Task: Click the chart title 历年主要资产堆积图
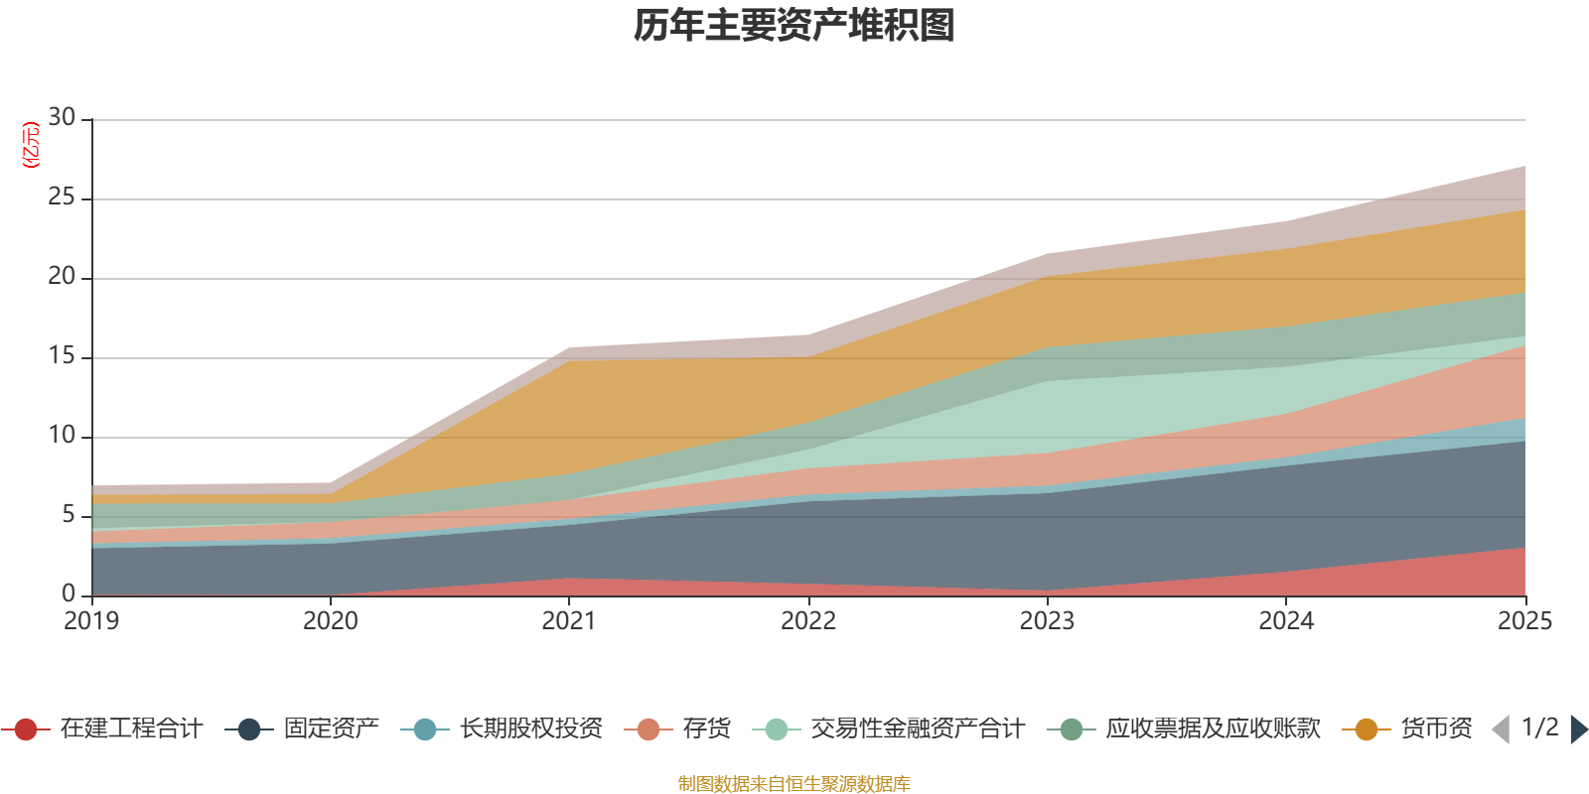(794, 26)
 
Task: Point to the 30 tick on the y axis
(62, 118)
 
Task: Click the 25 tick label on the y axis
(62, 198)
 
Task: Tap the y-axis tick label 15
(62, 356)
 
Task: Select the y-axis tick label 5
(68, 514)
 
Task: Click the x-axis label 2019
(91, 621)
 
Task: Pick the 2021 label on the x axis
(569, 621)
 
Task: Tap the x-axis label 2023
(1047, 621)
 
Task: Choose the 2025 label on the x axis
(1523, 621)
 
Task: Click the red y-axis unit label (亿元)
(31, 145)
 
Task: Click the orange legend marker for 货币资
(1367, 729)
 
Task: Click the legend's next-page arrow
(1578, 729)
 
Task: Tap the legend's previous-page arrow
(1501, 729)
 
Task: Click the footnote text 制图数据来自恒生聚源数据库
(794, 784)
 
